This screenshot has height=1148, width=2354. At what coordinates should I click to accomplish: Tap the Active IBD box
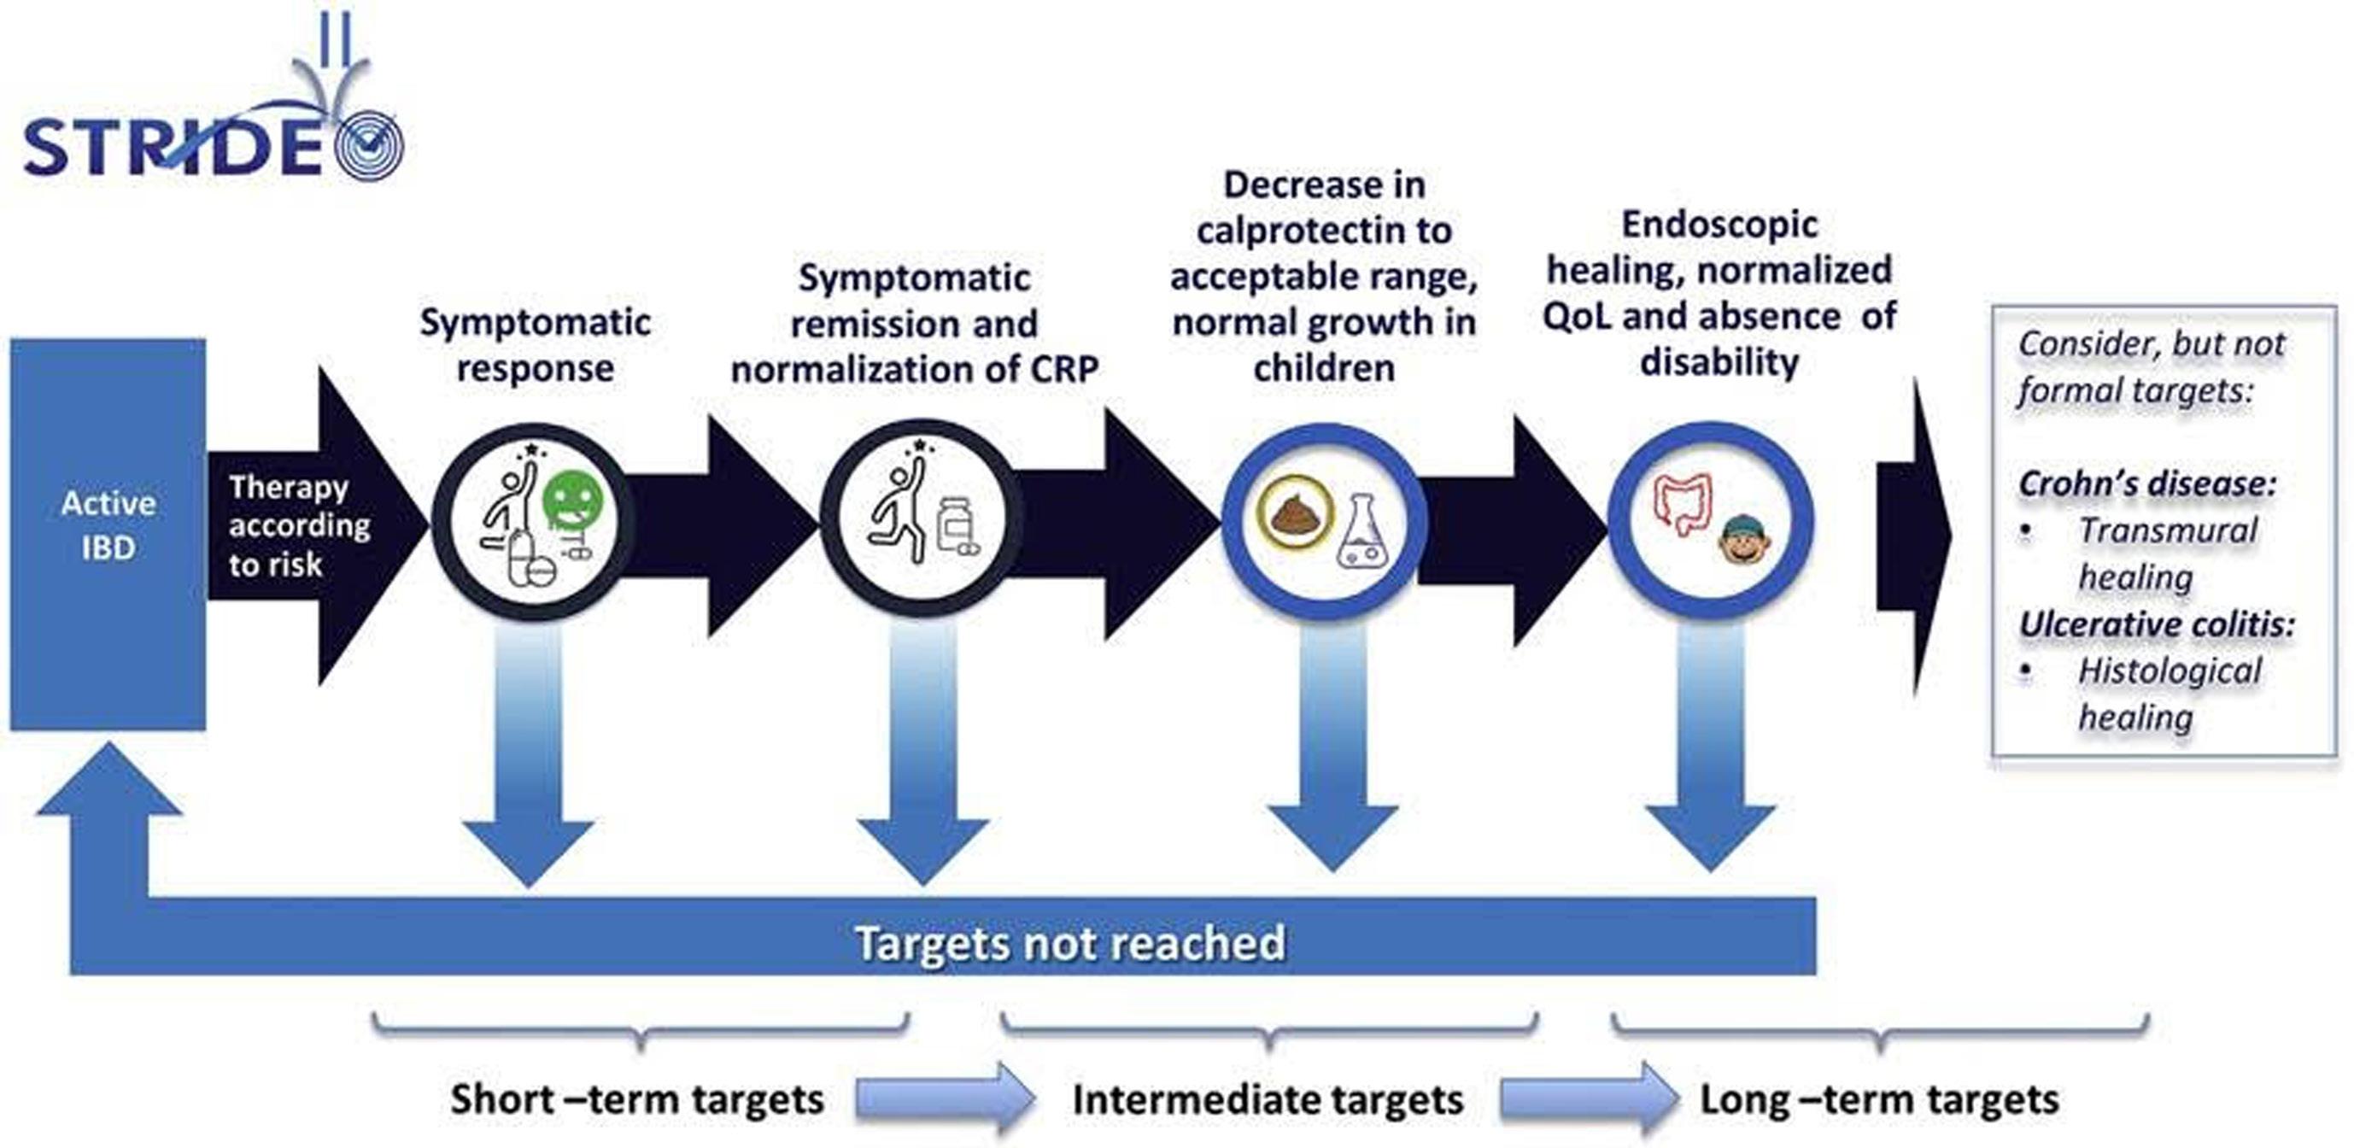(x=108, y=534)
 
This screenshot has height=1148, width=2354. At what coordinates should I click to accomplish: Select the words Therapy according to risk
(x=299, y=525)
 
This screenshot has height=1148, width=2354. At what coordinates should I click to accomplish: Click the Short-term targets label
(x=637, y=1098)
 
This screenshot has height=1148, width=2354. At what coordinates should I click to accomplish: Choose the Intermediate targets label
(x=1268, y=1098)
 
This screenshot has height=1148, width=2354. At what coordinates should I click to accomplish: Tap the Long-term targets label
(x=1880, y=1098)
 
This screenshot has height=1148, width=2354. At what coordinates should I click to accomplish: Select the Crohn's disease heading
(x=2146, y=483)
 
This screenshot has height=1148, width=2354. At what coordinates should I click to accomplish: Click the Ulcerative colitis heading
(x=2158, y=624)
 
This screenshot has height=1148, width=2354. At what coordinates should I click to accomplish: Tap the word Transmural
(x=2168, y=530)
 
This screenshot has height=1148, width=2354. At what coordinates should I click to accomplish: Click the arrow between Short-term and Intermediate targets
(x=945, y=1098)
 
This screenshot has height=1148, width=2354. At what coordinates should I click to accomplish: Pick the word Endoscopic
(x=1720, y=225)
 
